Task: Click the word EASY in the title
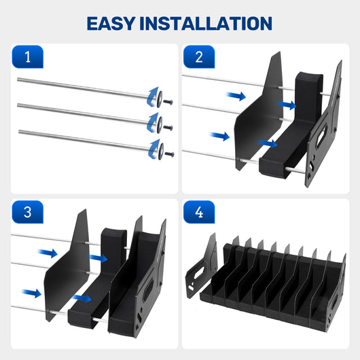point(111,23)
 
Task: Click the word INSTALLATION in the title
point(206,23)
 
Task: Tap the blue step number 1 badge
point(28,56)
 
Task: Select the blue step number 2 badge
point(199,56)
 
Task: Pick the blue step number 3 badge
point(28,212)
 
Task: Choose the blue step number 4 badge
point(199,212)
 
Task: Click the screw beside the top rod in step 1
point(168,102)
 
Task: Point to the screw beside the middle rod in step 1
point(168,128)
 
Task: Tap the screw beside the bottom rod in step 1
point(169,154)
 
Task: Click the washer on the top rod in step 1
point(160,99)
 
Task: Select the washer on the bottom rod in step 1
point(161,151)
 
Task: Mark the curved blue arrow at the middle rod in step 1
point(153,122)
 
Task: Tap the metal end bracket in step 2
point(324,128)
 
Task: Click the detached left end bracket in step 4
point(201,266)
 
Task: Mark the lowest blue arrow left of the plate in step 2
point(220,136)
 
